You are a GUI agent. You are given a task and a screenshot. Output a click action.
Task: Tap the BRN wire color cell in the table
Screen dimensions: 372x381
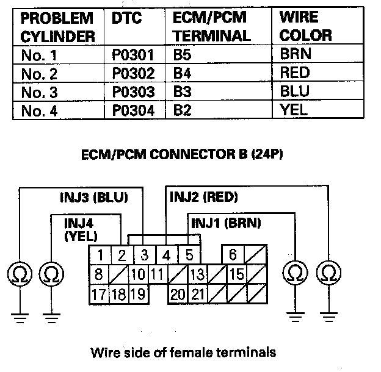pyautogui.click(x=295, y=54)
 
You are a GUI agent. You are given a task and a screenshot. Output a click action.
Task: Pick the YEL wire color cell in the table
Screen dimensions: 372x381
pyautogui.click(x=294, y=110)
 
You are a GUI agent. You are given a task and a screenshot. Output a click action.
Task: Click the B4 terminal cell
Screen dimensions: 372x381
pyautogui.click(x=182, y=73)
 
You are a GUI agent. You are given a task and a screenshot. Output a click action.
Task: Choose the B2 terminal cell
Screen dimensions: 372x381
pyautogui.click(x=182, y=110)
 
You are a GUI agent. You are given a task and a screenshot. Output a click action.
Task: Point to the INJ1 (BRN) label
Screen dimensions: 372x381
pyautogui.click(x=226, y=223)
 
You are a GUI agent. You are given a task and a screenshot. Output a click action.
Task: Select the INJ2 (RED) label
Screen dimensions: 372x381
pyautogui.click(x=203, y=197)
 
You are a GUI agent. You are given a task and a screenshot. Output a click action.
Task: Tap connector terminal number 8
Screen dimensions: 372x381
pyautogui.click(x=98, y=275)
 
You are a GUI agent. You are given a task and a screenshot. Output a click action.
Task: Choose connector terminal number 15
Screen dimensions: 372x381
pyautogui.click(x=237, y=275)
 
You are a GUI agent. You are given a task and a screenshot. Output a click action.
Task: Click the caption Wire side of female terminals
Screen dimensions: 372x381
pyautogui.click(x=183, y=352)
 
